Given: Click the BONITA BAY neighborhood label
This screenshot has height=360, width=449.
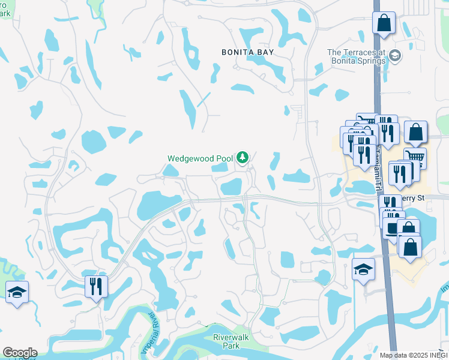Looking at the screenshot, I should (x=247, y=52).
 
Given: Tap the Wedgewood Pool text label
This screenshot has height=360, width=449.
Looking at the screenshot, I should (x=200, y=158).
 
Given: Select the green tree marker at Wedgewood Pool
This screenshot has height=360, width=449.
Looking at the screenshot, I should (x=242, y=158).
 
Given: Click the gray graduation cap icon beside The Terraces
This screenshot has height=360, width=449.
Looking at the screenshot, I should (x=395, y=56).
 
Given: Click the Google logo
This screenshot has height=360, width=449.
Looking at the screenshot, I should (x=20, y=353).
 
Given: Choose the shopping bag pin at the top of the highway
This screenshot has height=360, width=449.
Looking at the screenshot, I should (x=384, y=24).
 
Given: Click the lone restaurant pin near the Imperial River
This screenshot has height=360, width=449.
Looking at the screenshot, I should (x=95, y=286).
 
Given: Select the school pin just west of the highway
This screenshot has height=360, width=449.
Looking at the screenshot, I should (x=363, y=269).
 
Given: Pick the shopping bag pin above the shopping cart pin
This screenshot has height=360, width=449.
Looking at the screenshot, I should (x=415, y=133).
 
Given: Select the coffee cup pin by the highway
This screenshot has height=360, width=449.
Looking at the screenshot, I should (x=393, y=227).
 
